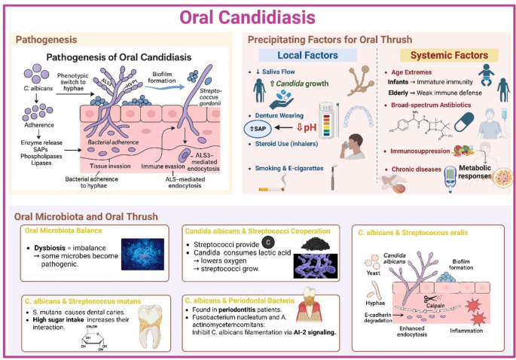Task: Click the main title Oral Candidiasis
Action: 258,15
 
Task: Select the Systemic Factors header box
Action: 444,55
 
